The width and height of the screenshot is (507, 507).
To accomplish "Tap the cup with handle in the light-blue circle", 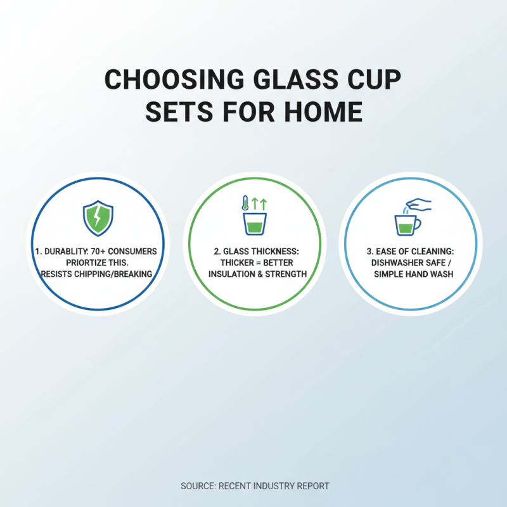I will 406,224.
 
